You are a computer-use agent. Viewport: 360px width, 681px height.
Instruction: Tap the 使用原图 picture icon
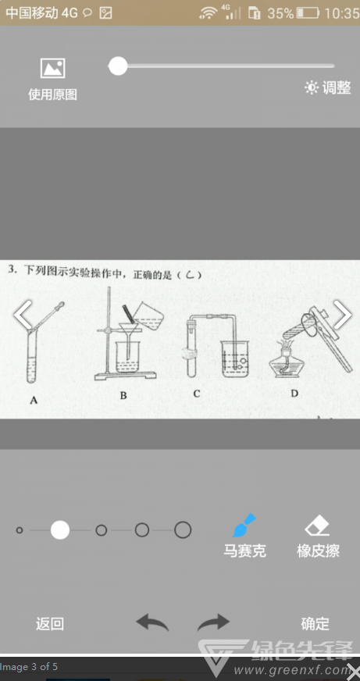point(52,68)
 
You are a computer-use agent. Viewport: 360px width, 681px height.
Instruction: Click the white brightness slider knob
point(118,66)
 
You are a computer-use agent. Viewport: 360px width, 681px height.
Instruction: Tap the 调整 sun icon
point(312,87)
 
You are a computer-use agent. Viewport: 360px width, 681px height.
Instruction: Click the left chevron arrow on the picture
point(22,315)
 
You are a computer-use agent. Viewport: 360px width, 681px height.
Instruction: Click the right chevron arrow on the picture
point(343,315)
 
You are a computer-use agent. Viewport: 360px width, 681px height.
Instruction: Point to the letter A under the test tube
point(34,401)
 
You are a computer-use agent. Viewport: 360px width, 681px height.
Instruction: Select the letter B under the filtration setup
point(123,396)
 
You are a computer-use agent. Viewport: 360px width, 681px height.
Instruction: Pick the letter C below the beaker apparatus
point(197,394)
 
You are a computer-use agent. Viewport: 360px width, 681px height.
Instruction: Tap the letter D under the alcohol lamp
point(294,394)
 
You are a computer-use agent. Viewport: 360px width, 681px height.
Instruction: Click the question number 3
point(12,269)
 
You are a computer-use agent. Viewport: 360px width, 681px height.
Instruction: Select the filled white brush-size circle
point(60,530)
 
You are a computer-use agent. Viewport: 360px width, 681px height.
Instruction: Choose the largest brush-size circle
point(183,530)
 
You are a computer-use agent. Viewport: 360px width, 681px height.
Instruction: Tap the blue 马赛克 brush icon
point(244,526)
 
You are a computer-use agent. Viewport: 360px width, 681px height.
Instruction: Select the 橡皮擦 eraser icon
point(318,526)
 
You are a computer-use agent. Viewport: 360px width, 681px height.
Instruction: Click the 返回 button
point(50,624)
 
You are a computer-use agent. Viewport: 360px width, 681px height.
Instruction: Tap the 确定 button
point(315,624)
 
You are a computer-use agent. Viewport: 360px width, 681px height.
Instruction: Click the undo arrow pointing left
point(152,622)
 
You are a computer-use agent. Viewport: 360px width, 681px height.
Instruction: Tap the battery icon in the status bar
point(308,13)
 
